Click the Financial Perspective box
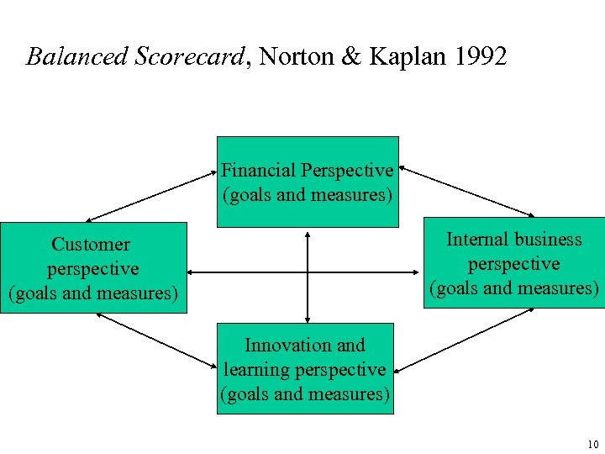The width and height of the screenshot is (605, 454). coord(308,182)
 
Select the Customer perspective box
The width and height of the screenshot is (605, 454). coord(92,267)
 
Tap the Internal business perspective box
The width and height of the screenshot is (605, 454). coord(513,263)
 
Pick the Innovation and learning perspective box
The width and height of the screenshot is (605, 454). coord(305,368)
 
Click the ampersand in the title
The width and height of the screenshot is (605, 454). coord(351,56)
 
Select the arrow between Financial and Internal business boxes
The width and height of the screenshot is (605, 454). coord(467,192)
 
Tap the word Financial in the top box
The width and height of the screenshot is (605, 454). coord(258,170)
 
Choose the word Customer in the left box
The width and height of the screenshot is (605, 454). coord(91,245)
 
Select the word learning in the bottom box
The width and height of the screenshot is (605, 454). coord(256,369)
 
